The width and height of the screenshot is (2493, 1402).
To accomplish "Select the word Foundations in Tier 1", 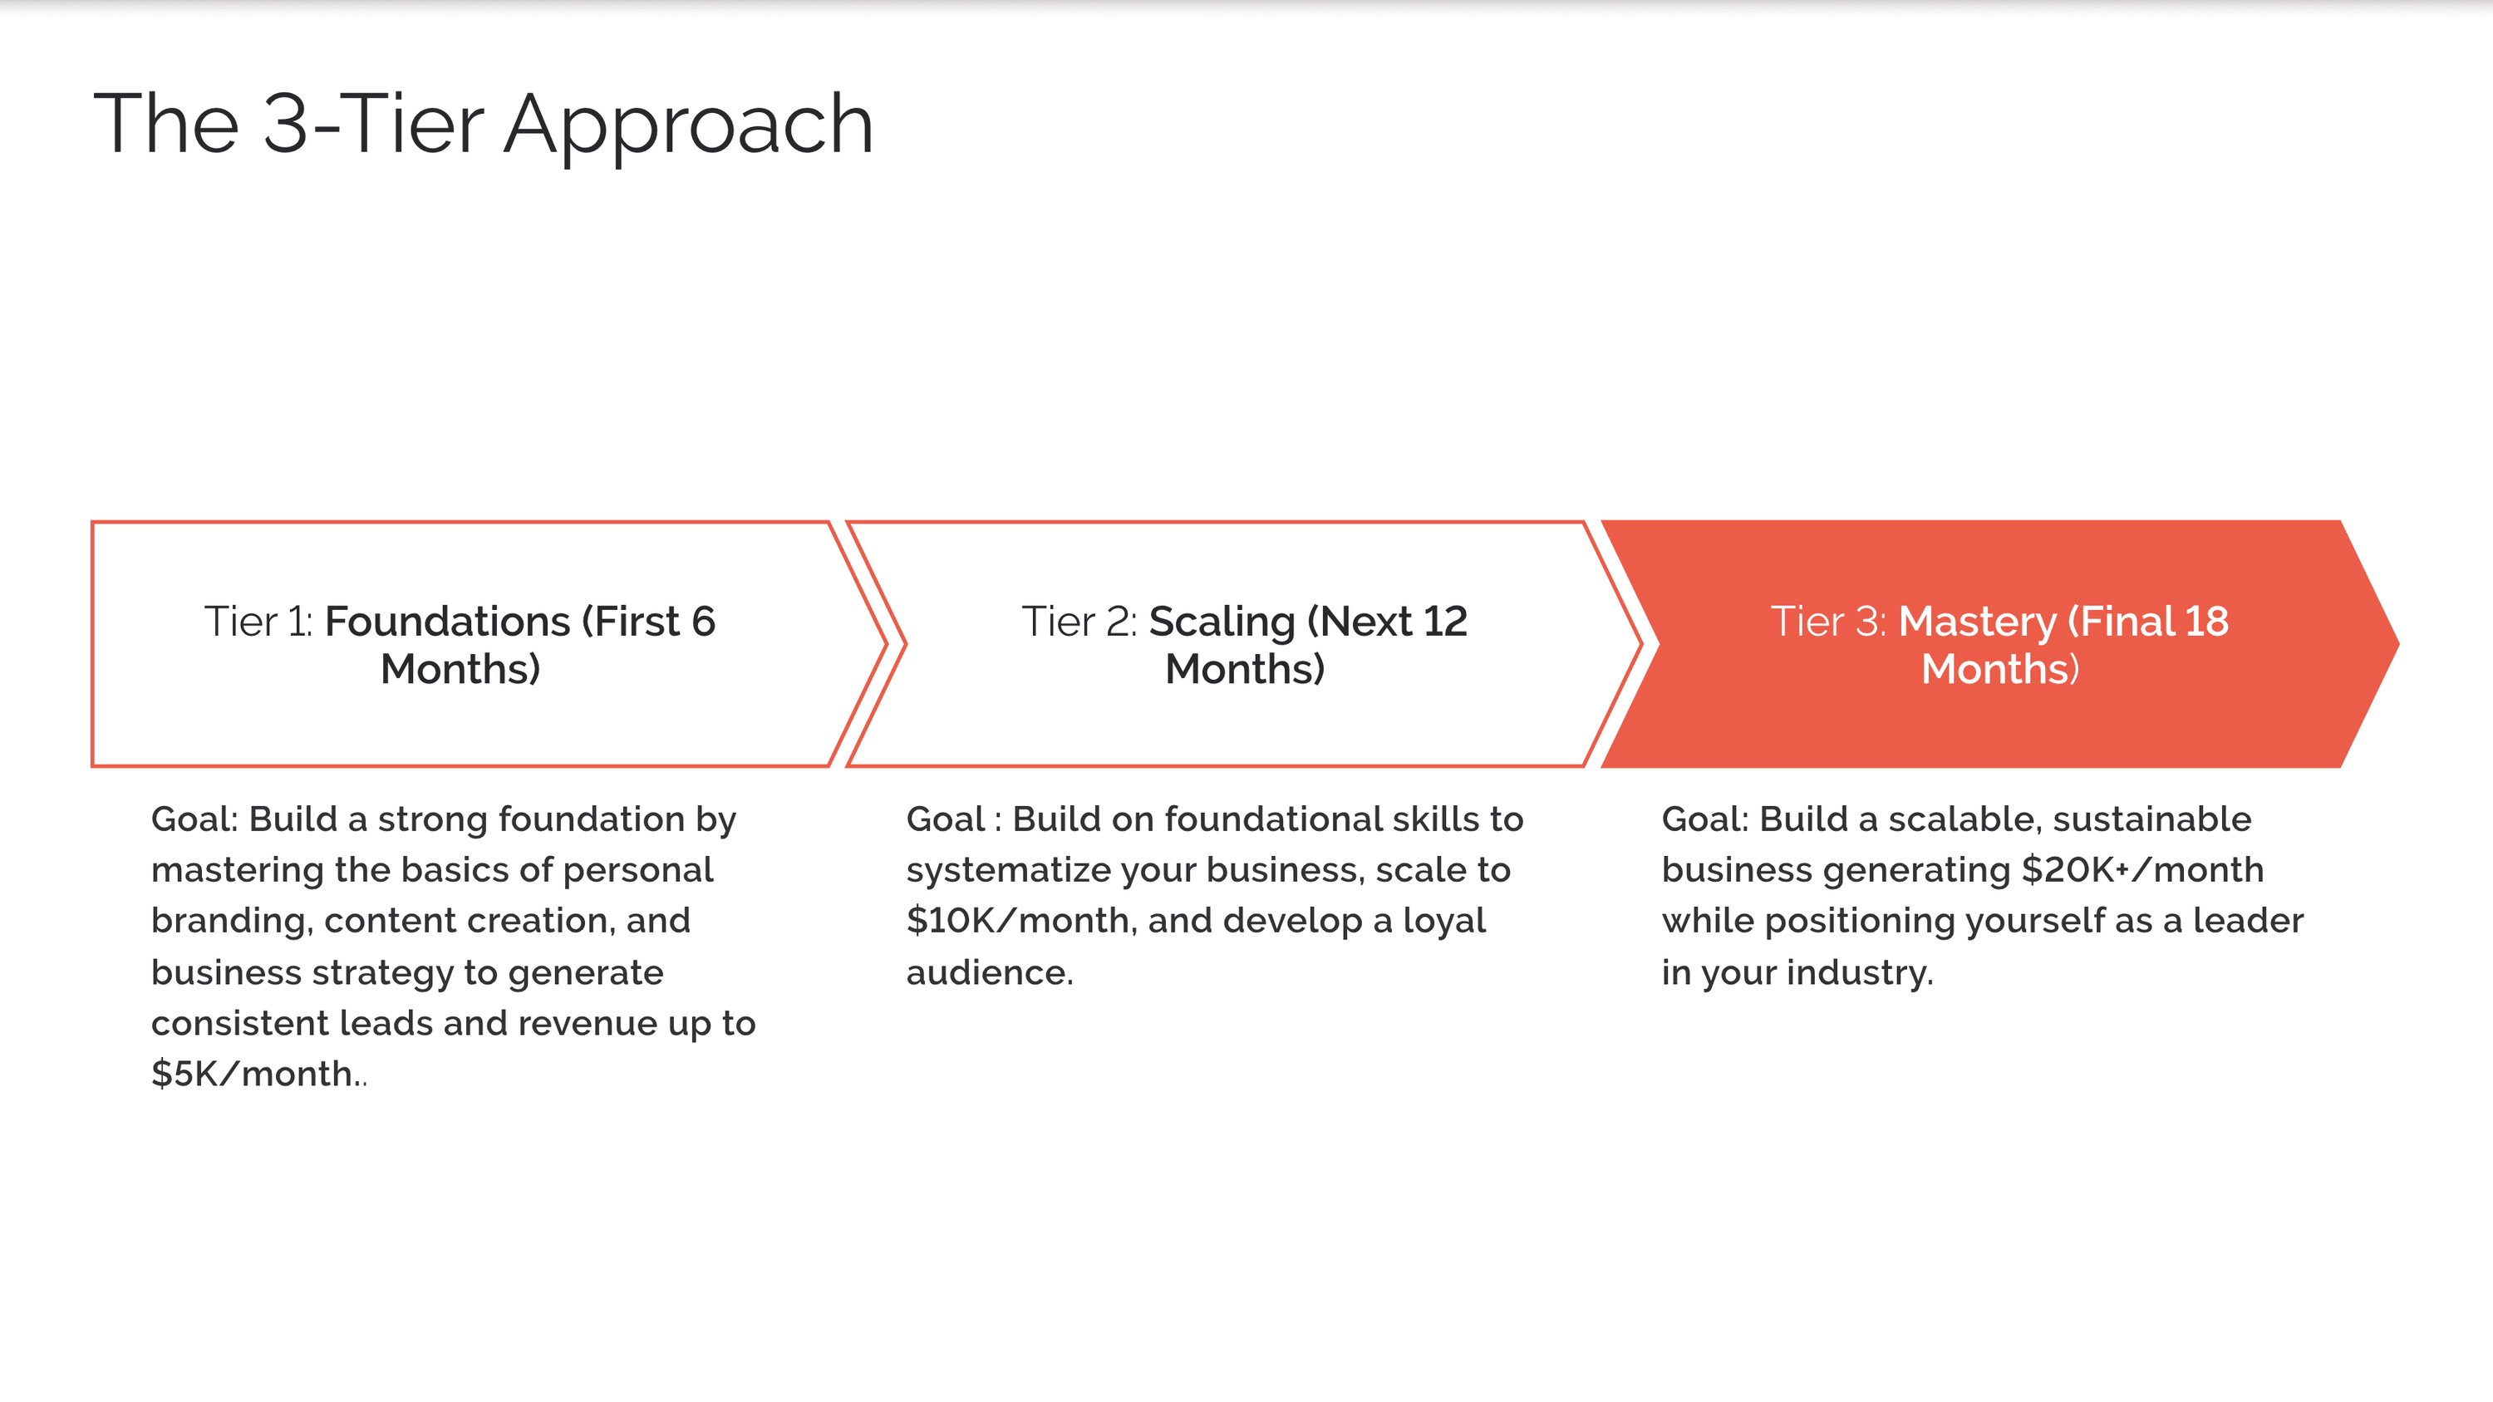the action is (447, 621).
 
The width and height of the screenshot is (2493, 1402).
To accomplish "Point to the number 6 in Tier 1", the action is (704, 621).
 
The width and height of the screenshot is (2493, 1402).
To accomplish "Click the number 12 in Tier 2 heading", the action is (1446, 621).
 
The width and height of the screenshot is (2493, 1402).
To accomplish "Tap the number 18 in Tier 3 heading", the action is (2206, 621).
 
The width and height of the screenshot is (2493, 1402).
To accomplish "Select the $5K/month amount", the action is (253, 1074).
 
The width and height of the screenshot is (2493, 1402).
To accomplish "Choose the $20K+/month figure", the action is (2142, 870).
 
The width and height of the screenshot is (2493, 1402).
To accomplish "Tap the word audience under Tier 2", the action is (989, 972).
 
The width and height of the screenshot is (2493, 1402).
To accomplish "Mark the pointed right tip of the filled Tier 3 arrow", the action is (2398, 643).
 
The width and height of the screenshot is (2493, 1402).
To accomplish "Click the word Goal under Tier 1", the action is (194, 819).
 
